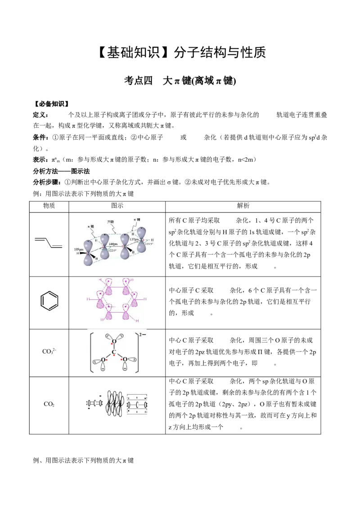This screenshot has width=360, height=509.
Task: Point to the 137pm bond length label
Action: click(x=134, y=240)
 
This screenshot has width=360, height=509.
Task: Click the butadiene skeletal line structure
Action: click(x=50, y=243)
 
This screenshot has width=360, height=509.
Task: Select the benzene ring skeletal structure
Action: click(x=49, y=300)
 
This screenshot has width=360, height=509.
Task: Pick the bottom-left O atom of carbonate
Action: click(x=103, y=360)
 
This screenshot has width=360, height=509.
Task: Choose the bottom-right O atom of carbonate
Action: click(x=125, y=360)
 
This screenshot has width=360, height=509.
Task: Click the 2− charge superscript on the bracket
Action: click(x=143, y=334)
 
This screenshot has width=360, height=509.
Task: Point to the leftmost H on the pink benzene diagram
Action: click(x=88, y=299)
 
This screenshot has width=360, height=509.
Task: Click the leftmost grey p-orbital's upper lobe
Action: click(x=88, y=245)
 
